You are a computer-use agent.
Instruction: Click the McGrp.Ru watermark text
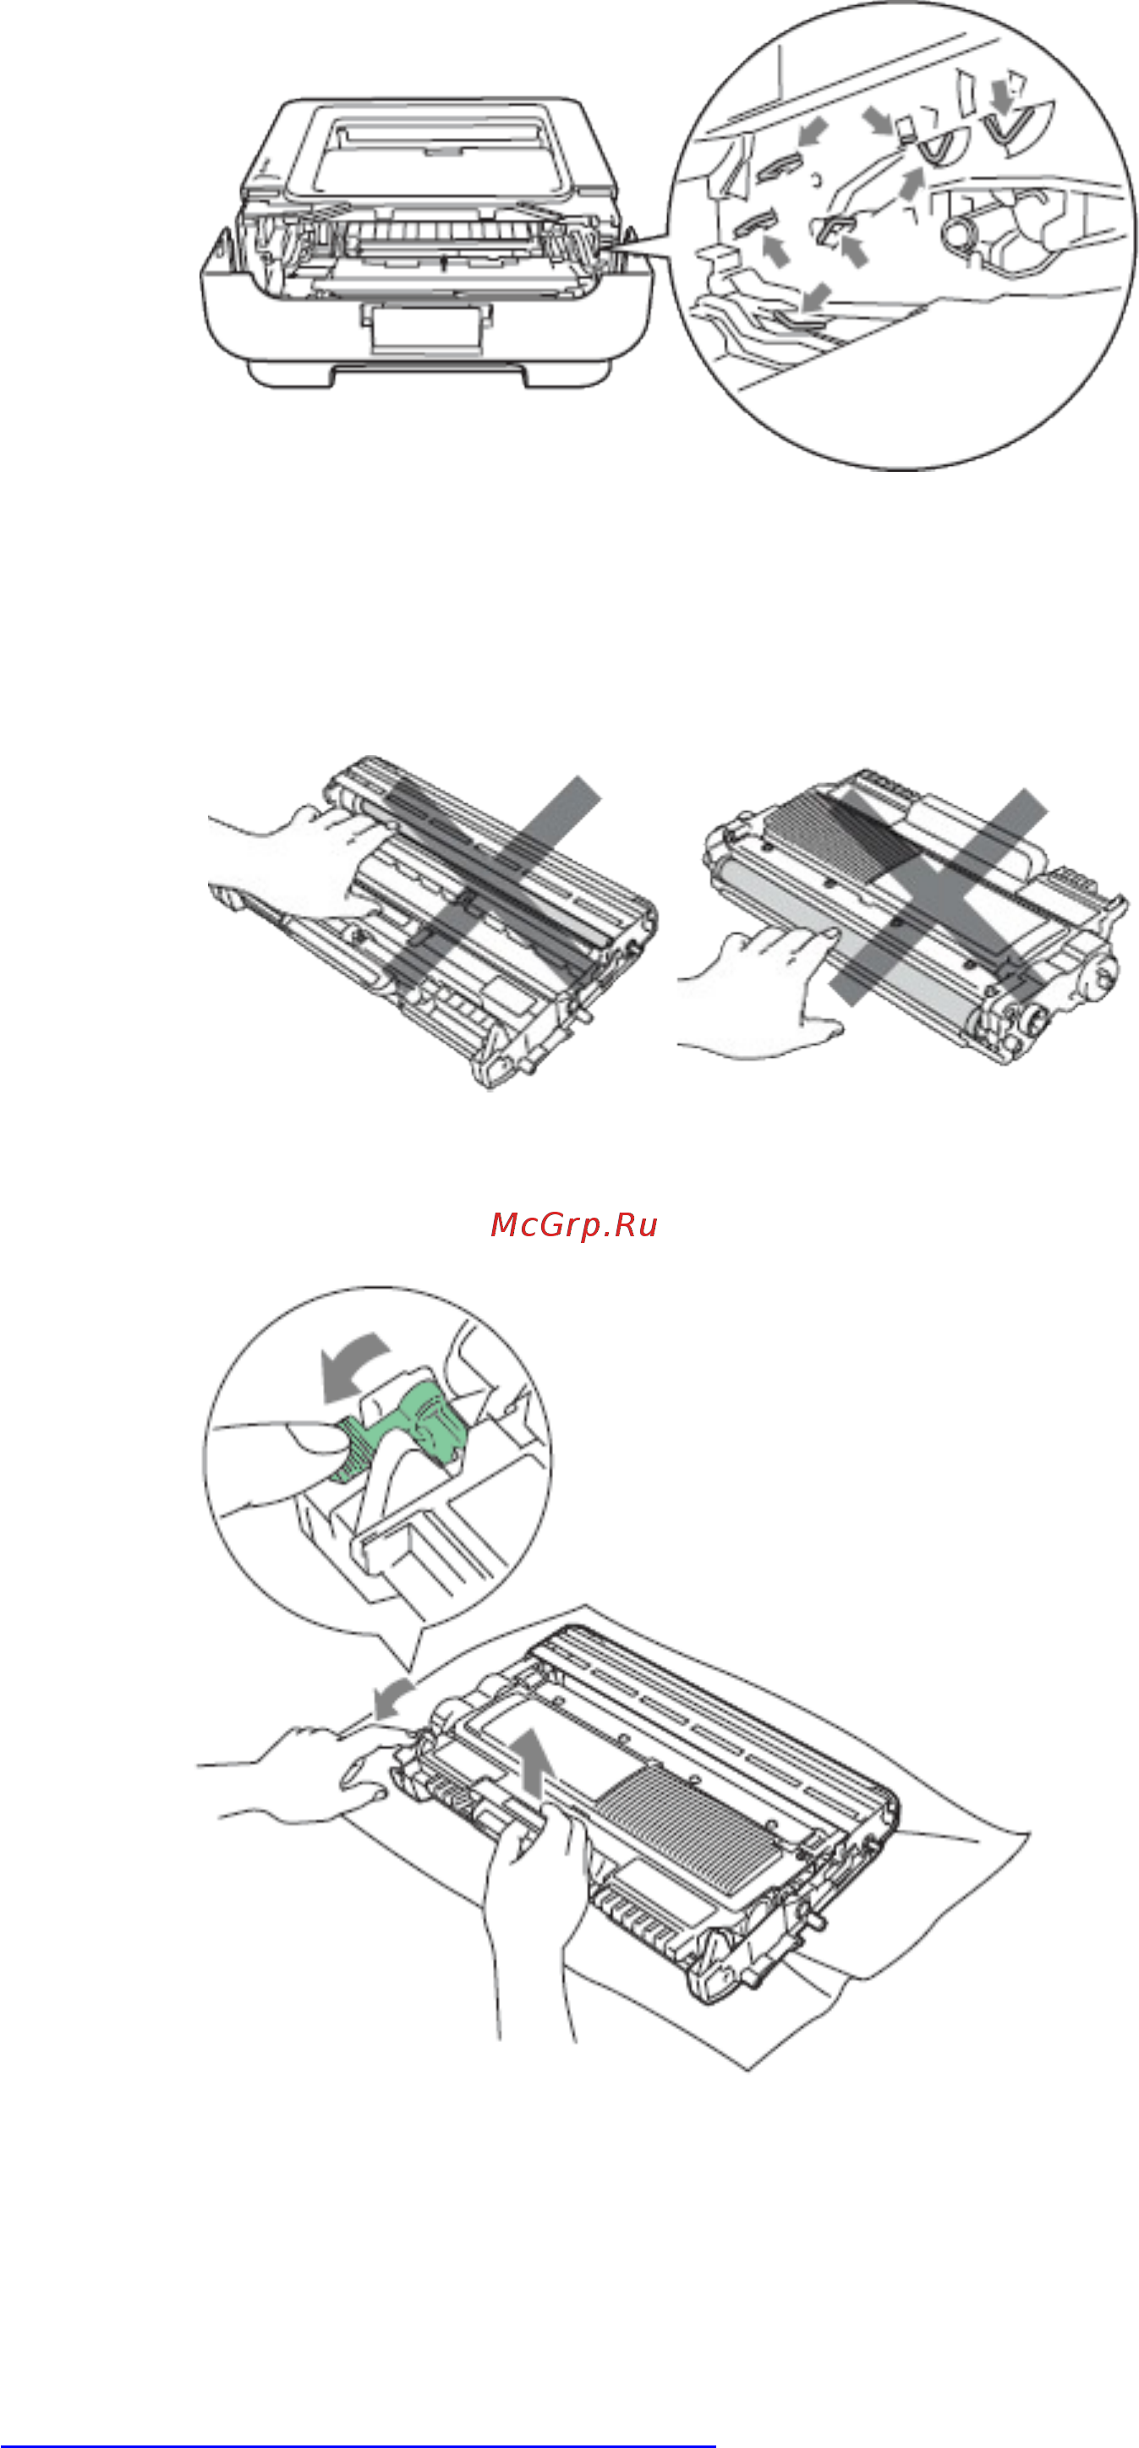click(x=574, y=1226)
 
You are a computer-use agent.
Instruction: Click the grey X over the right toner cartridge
click(x=939, y=895)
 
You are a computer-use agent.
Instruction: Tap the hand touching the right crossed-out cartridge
click(x=760, y=993)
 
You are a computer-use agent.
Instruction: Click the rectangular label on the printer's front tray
click(x=424, y=329)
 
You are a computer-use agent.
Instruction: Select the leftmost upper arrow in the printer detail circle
click(x=813, y=132)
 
